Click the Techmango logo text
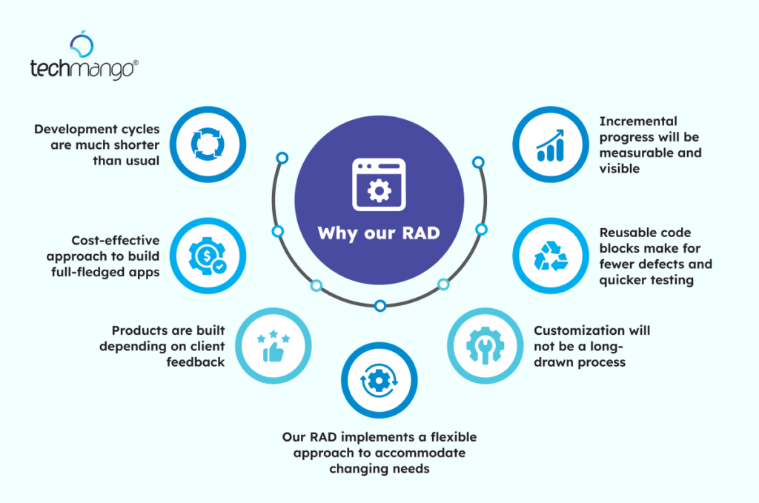pos(84,70)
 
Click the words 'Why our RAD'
pos(379,233)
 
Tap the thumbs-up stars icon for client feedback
pos(274,346)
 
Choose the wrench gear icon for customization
pos(484,346)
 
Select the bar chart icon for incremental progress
pos(550,144)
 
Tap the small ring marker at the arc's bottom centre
pos(379,305)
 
